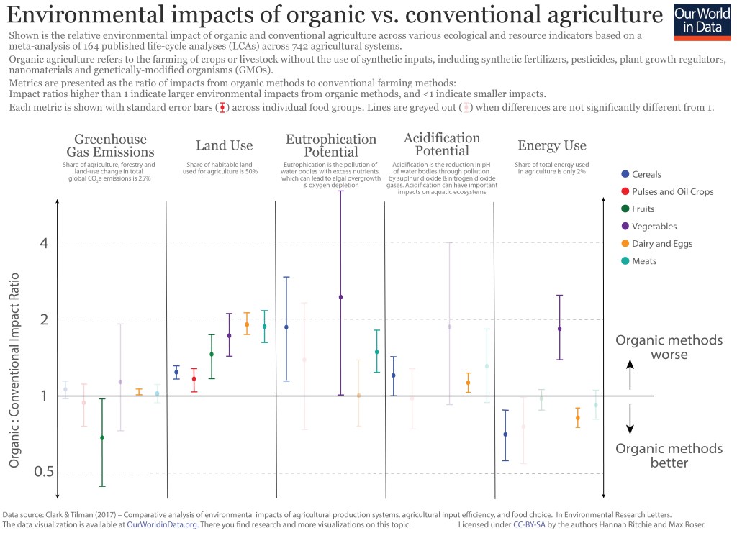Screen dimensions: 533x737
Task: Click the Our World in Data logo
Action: (x=702, y=22)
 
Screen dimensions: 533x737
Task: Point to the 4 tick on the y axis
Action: (x=42, y=242)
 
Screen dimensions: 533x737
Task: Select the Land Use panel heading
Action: (x=224, y=146)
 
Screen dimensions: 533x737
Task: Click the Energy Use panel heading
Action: (x=551, y=146)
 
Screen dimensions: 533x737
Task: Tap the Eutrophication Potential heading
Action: (x=331, y=145)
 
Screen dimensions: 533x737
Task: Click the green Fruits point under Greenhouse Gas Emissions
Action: (x=102, y=437)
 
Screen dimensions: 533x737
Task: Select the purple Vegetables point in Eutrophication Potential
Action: (x=341, y=297)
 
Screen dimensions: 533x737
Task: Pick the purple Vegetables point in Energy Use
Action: (x=559, y=329)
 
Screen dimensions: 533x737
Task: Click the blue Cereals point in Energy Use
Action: (x=505, y=434)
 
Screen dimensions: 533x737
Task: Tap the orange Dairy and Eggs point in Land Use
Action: (x=247, y=324)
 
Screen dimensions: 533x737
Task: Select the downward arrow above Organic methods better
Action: (x=630, y=419)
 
